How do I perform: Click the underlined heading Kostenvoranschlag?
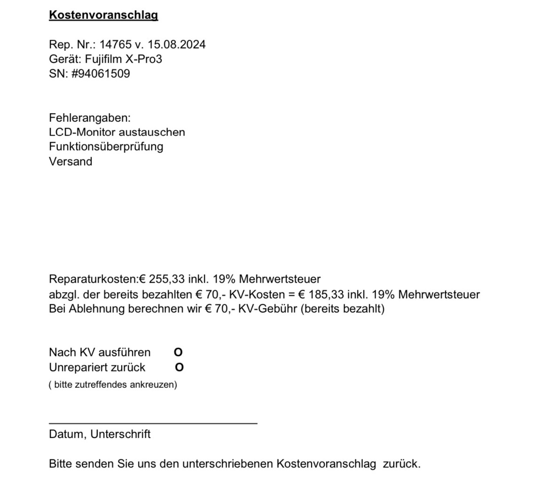pos(103,15)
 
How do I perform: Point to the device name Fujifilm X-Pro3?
pos(120,59)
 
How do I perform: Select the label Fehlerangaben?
pos(90,118)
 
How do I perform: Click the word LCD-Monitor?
pos(82,132)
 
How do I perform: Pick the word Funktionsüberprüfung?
pos(106,147)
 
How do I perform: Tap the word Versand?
pos(71,162)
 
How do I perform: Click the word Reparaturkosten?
pos(93,279)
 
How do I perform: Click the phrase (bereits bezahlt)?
pos(343,309)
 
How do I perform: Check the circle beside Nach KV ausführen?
pos(178,353)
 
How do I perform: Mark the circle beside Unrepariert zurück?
pos(179,368)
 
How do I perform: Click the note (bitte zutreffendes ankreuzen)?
pos(113,385)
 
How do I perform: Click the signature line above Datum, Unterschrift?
pos(153,422)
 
